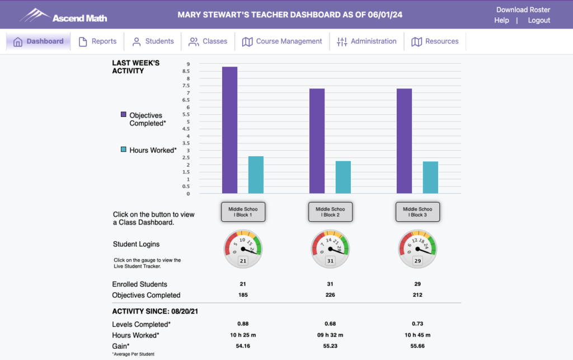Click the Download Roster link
coord(523,10)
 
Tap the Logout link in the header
coord(539,20)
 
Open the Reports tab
coord(97,41)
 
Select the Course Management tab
coord(282,41)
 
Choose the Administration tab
coord(367,41)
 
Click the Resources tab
coord(435,41)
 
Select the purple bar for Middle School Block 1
coord(229,130)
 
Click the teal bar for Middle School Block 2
coord(343,177)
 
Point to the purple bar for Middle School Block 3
coord(404,141)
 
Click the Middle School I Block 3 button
coord(417,212)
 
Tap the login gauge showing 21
coord(243,248)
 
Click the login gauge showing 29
coord(417,248)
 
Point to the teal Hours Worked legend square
coord(124,149)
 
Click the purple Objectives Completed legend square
coord(124,114)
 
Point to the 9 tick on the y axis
coord(188,64)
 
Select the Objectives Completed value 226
coord(330,295)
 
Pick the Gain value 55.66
coord(417,347)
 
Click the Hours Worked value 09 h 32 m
coord(330,335)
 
